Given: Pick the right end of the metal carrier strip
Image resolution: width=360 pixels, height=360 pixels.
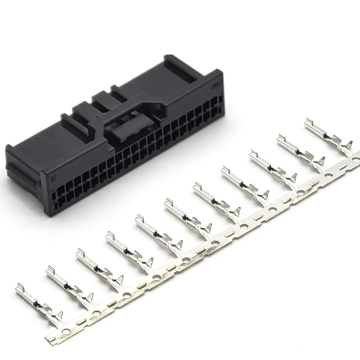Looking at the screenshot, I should [x=347, y=152].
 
